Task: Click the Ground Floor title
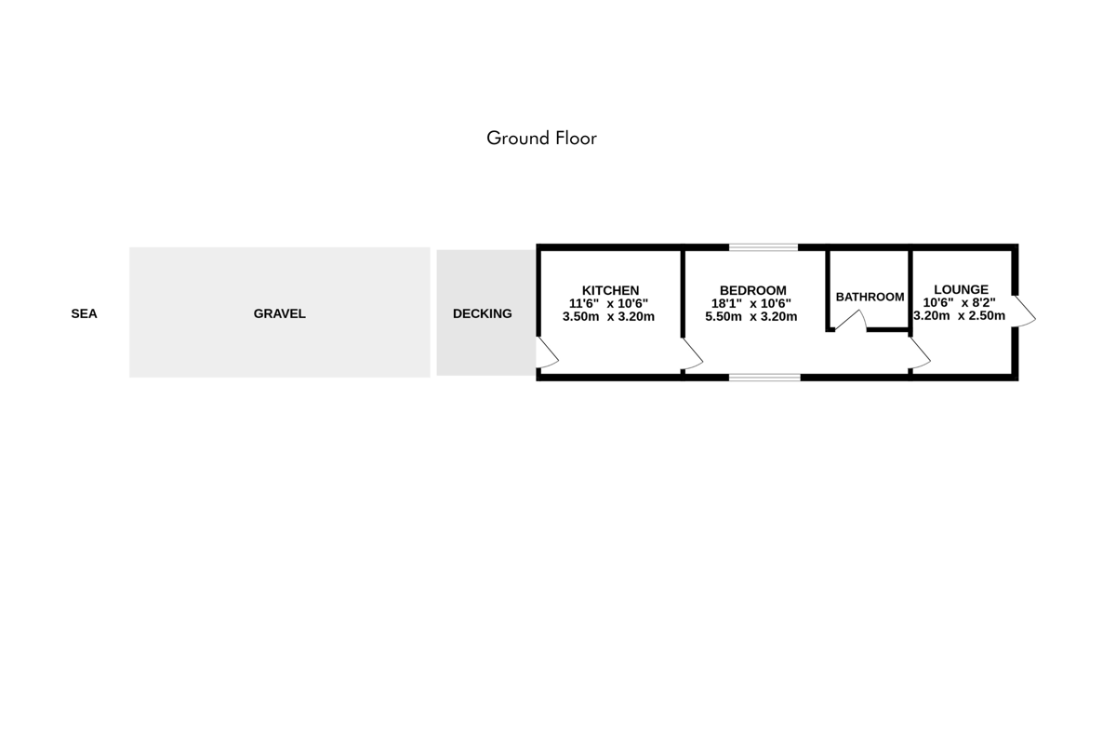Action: click(541, 138)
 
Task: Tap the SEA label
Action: click(85, 314)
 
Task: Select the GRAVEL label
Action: click(280, 314)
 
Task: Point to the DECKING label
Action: click(483, 314)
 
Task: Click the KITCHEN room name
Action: click(610, 290)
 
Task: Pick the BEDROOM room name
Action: click(752, 290)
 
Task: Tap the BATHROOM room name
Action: click(870, 297)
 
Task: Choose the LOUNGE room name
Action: click(961, 289)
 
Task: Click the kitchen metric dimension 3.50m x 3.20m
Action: click(608, 316)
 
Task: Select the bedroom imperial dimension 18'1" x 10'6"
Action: click(751, 303)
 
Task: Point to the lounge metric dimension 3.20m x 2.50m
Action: click(959, 315)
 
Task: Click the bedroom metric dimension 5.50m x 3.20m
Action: click(751, 316)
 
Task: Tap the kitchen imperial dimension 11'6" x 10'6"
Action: click(608, 303)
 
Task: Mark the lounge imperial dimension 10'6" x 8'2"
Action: click(959, 302)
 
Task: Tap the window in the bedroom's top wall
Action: click(764, 247)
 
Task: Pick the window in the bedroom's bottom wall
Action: click(764, 378)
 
